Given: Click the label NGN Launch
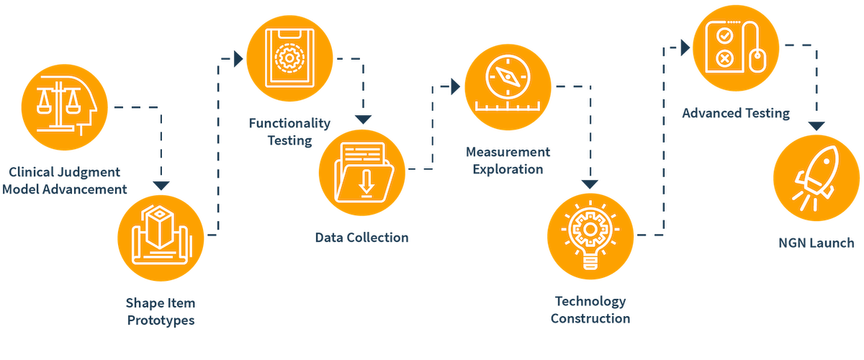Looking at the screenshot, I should click(814, 243).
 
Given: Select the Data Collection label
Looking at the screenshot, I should click(362, 237).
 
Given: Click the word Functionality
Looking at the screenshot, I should click(290, 124).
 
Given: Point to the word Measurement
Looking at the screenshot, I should click(508, 153).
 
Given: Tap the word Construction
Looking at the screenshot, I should click(590, 318).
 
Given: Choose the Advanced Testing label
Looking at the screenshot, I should click(736, 113).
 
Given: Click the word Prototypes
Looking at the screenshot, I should click(161, 320).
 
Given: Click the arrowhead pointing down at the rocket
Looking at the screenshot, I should click(815, 125).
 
